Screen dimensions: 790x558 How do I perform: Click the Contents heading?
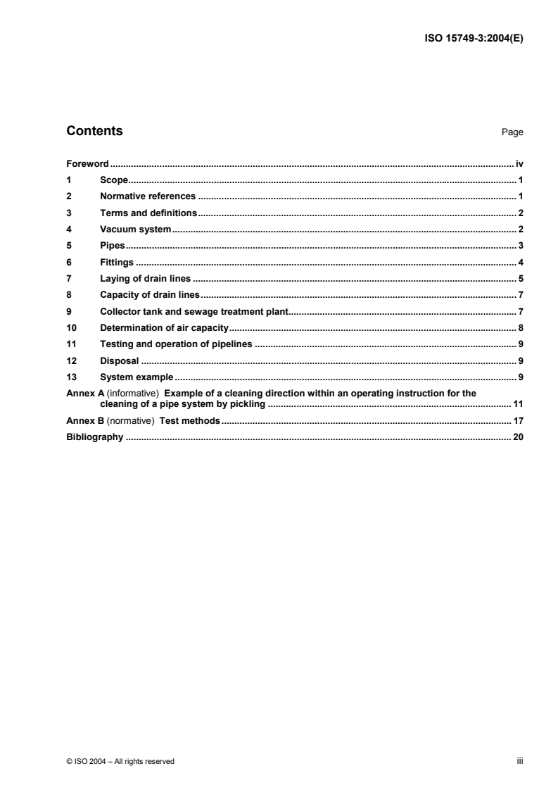(94, 131)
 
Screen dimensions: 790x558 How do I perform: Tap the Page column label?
(512, 132)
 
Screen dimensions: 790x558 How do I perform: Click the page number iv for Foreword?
(519, 163)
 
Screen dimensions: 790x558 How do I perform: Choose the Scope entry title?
(113, 180)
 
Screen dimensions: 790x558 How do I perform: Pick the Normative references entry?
(148, 196)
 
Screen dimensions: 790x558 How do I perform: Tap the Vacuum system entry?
(136, 230)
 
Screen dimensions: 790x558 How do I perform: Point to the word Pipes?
(113, 246)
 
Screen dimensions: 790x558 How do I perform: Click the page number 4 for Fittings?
(521, 263)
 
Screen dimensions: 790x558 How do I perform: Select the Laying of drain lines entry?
(146, 279)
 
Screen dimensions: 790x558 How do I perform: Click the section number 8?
(68, 295)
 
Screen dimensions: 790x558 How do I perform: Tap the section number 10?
(70, 328)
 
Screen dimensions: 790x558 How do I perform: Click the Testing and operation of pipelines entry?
(176, 344)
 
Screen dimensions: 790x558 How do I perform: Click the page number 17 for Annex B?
(518, 422)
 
